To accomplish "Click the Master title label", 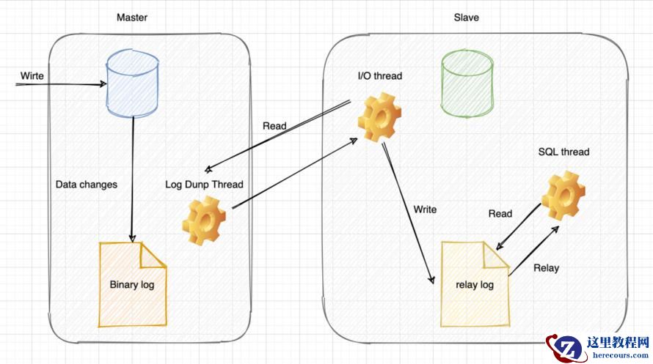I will pos(132,18).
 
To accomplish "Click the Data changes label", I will pos(86,185).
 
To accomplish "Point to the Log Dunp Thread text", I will pos(204,185).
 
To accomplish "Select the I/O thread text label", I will pos(379,76).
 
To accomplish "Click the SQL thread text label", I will pos(563,152).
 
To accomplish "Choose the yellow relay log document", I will pos(475,284).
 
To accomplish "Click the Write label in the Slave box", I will pos(425,209).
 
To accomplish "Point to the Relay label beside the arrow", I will pos(546,268).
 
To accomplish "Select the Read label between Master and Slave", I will pos(274,126).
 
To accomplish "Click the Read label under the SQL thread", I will pos(500,214).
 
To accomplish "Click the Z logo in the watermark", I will pos(565,347).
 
